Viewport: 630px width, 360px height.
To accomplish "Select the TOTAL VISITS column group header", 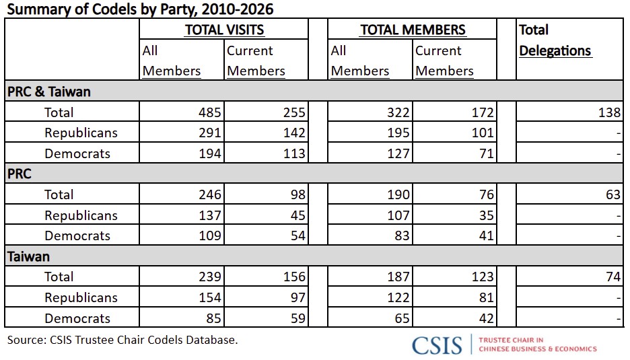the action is click(224, 30).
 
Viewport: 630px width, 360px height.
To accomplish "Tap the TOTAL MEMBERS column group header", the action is click(413, 30).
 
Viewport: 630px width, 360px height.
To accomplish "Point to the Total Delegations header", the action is click(555, 40).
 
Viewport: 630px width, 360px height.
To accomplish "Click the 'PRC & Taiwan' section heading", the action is click(49, 92).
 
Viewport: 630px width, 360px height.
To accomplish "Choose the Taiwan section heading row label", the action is click(28, 256).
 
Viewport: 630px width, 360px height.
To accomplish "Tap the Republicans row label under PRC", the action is click(81, 215).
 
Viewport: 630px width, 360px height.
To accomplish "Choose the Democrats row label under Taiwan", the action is click(77, 318).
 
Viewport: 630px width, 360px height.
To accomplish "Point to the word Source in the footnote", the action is click(26, 340).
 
